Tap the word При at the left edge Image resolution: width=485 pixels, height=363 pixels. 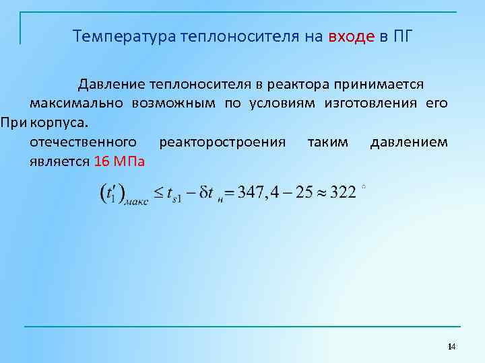point(13,123)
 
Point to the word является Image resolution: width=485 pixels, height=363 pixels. point(59,162)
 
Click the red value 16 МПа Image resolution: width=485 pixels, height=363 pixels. point(123,162)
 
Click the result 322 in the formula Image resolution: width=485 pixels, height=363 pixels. point(344,193)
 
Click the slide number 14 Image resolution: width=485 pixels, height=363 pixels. point(451,346)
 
